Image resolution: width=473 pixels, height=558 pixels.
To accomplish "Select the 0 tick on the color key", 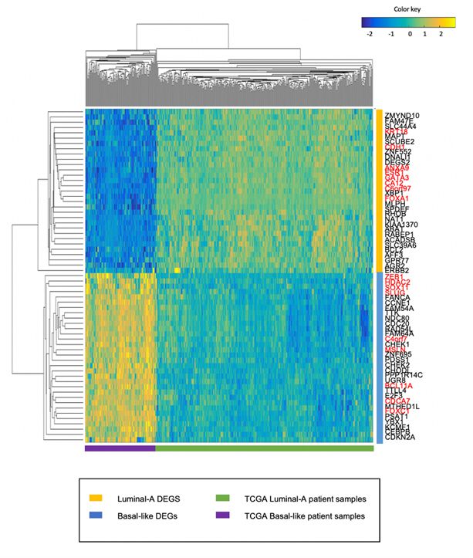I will pos(410,35).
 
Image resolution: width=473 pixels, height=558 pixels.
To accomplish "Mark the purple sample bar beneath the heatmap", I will pos(120,448).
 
